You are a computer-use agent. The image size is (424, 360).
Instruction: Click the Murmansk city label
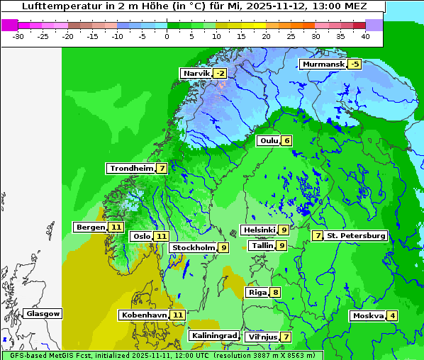coord(323,64)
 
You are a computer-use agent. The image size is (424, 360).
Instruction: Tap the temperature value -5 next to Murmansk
coord(355,64)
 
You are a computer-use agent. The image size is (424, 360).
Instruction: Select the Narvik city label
coord(196,74)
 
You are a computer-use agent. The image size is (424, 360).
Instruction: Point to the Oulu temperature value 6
coord(286,140)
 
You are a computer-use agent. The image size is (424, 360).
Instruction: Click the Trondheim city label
coord(131,169)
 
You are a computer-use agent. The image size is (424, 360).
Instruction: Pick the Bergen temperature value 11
coord(116,227)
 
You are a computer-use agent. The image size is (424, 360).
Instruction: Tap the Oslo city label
coord(142,237)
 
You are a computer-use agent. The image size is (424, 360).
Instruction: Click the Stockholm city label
coord(193,248)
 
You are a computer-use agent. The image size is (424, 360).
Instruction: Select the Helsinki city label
coord(259,230)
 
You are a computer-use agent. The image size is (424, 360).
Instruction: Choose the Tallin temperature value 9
coord(281,246)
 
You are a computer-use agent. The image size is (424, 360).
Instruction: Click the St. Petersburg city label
coord(356,235)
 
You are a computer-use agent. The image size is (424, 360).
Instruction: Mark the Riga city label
coord(257,292)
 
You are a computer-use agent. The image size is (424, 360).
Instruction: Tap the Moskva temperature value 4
coord(392,316)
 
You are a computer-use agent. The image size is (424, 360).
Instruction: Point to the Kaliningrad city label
coord(214,336)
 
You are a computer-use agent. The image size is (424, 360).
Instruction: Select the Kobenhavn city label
coord(144,315)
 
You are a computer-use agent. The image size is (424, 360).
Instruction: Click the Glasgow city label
coord(43,314)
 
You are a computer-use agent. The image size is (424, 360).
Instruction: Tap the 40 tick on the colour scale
coord(365,35)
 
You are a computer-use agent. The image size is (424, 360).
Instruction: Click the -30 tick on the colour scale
coord(18,35)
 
